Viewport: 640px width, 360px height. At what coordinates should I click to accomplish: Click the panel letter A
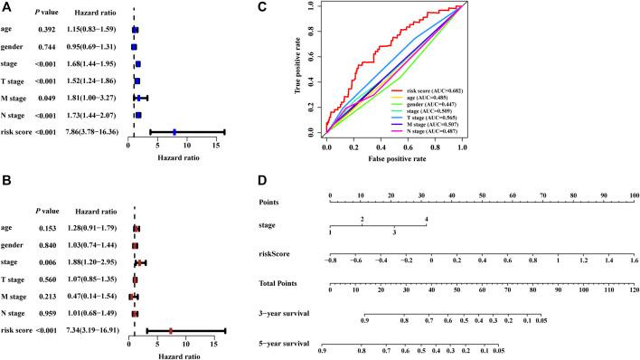pos(7,8)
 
